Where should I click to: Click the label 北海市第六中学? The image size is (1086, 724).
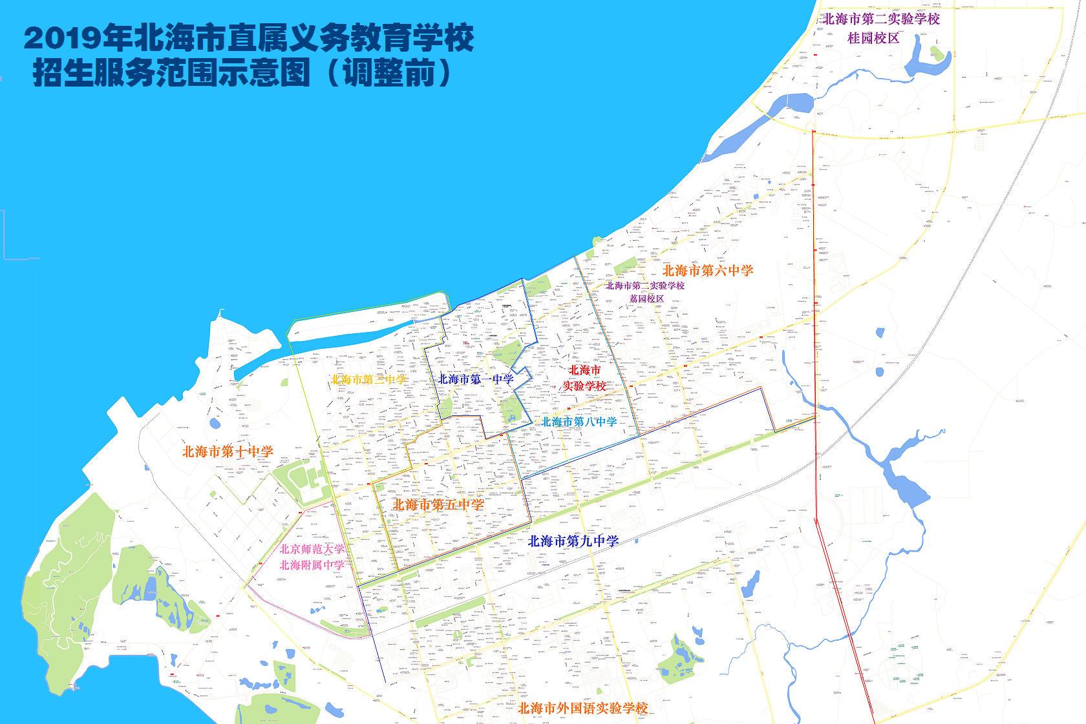coord(708,271)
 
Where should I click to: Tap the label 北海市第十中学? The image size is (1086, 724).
coord(228,451)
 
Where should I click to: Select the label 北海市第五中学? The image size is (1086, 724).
coord(438,504)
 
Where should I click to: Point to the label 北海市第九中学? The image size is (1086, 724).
coord(573,541)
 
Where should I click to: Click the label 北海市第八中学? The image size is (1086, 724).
coord(579,422)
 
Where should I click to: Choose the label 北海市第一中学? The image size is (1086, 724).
coord(476,379)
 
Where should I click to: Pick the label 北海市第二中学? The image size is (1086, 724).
coord(369,379)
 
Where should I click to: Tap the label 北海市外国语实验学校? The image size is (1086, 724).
coord(582,708)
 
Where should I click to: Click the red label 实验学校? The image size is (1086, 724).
coord(583,386)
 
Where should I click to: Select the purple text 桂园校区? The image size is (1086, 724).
coord(873,38)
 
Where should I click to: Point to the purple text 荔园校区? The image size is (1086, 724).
coord(646,298)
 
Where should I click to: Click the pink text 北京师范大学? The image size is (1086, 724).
coord(312,550)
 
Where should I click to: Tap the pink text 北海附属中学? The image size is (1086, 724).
coord(312,565)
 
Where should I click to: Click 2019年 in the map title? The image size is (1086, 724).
coord(76,39)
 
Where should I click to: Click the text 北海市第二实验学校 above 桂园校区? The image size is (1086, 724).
coord(879,19)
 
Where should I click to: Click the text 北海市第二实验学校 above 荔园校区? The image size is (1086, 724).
coord(644,285)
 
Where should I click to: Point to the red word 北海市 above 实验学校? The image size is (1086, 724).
coord(584,371)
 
